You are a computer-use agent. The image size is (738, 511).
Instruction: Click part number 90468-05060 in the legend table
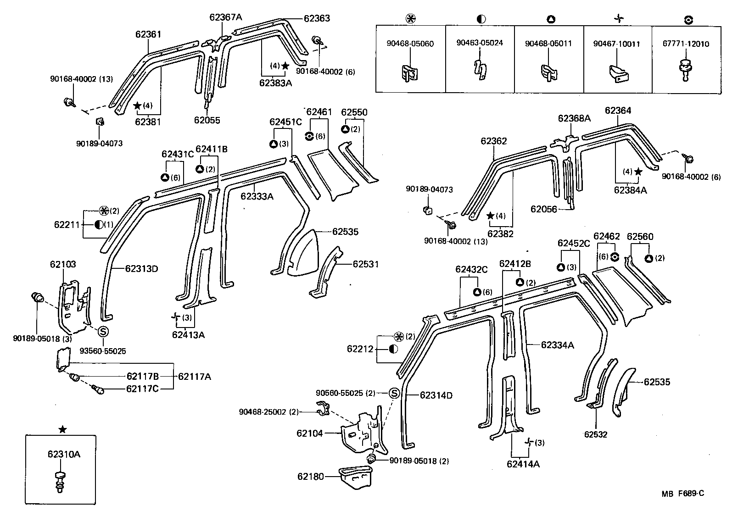pos(410,44)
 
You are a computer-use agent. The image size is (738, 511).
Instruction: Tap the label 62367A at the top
pos(225,17)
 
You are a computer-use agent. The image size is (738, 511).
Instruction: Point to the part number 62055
pos(207,120)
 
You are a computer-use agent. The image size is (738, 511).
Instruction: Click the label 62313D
pos(141,268)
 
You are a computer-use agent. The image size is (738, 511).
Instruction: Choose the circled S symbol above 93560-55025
pos(103,331)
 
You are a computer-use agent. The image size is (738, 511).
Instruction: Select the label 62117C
pos(143,389)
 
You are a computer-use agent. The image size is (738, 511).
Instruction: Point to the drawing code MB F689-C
pos(682,494)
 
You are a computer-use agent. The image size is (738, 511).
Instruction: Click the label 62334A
pos(557,345)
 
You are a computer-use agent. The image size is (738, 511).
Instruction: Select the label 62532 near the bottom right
pos(595,434)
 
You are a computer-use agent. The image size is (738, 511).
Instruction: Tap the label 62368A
pos(574,118)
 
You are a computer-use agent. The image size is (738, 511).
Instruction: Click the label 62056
pos(543,209)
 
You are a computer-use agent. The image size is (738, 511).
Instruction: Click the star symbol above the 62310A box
pos(63,429)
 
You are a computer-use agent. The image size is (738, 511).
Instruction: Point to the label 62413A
pos(188,334)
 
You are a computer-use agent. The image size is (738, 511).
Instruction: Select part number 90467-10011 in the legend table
pos(616,44)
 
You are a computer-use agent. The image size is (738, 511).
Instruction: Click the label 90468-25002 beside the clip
pos(263,411)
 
